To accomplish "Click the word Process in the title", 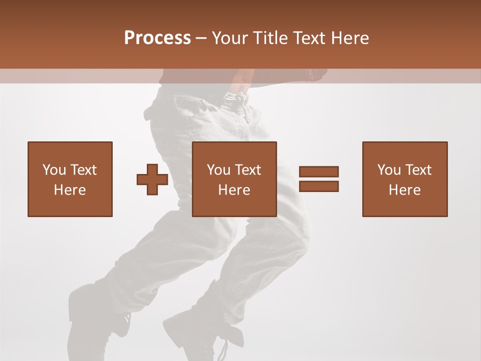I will pos(157,38).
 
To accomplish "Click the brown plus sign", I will pos(152,179).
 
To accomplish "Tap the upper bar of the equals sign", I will pos(319,171).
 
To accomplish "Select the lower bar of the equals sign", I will pos(319,186).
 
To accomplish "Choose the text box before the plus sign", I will pos(70,179).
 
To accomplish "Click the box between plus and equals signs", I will pos(234,179).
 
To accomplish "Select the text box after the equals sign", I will pos(404,179).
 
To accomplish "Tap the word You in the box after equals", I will pos(389,170).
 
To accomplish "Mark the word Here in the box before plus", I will pos(70,190).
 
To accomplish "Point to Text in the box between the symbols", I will pos(249,170).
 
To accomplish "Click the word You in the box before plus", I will pos(54,170).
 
